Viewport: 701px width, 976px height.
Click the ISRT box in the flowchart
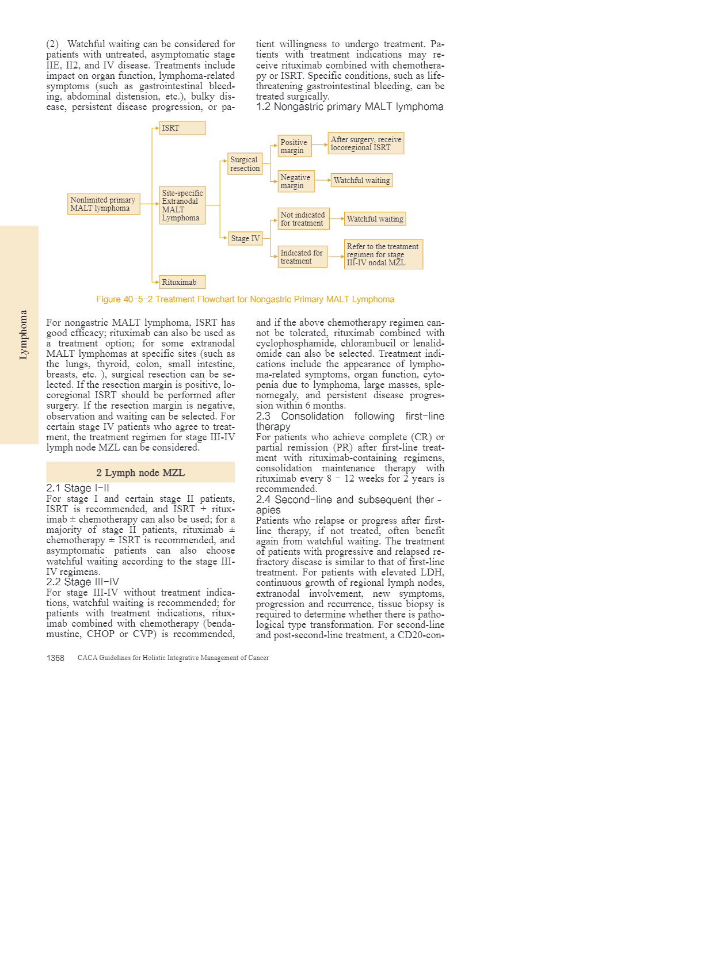(182, 128)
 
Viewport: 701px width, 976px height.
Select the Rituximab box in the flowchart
(182, 282)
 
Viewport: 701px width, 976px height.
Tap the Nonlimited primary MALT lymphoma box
(104, 204)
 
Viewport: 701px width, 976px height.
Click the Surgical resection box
(245, 164)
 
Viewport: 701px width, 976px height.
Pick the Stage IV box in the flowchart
(245, 238)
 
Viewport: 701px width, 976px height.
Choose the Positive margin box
(294, 146)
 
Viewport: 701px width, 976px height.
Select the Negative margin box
(296, 181)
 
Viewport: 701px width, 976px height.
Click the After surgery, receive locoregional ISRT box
(365, 143)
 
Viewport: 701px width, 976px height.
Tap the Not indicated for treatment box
(303, 219)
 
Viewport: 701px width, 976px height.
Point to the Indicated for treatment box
(302, 257)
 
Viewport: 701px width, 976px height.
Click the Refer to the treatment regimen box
(383, 254)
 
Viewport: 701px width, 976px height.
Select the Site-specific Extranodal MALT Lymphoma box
(182, 205)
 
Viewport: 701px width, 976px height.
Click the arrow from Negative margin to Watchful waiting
(323, 180)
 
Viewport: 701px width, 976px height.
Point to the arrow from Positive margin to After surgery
(319, 144)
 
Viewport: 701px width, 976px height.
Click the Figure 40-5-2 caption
(245, 299)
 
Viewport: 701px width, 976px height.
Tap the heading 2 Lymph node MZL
(140, 472)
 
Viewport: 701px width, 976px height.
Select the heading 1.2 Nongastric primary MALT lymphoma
(349, 106)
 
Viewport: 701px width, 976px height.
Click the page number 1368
(55, 658)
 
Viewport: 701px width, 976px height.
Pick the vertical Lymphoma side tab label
(23, 335)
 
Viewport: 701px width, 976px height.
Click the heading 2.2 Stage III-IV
(82, 582)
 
